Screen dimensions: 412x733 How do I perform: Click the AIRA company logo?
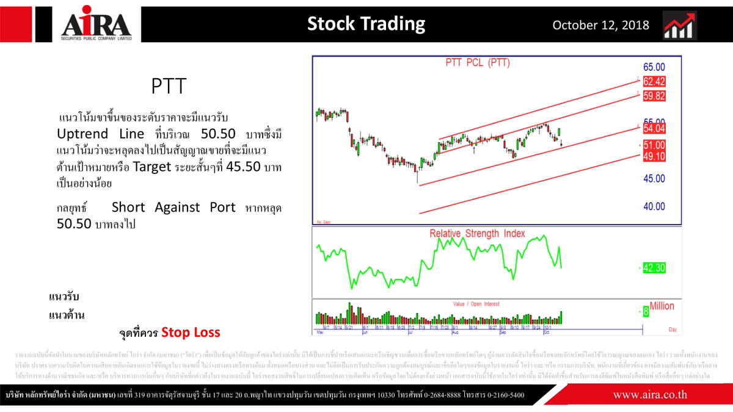pyautogui.click(x=96, y=25)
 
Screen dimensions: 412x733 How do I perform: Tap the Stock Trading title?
pyautogui.click(x=366, y=24)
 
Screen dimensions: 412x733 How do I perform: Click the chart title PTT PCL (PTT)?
pyautogui.click(x=476, y=62)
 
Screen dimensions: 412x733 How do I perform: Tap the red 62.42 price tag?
pyautogui.click(x=653, y=81)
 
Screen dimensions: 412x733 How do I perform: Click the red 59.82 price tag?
pyautogui.click(x=653, y=95)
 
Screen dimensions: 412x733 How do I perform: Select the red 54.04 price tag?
pyautogui.click(x=653, y=128)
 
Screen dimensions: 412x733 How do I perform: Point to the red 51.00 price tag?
pyautogui.click(x=653, y=145)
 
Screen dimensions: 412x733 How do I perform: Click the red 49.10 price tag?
pyautogui.click(x=653, y=156)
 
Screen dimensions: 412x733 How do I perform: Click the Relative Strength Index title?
pyautogui.click(x=477, y=233)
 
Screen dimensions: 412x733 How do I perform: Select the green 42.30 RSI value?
pyautogui.click(x=653, y=267)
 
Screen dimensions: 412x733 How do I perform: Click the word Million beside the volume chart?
pyautogui.click(x=662, y=306)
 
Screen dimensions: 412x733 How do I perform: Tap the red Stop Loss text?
pyautogui.click(x=191, y=333)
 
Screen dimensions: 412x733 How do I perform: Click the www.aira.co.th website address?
pyautogui.click(x=651, y=395)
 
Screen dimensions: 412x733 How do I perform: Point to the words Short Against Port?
pyautogui.click(x=173, y=207)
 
